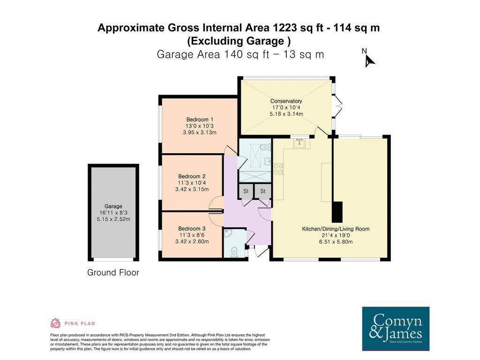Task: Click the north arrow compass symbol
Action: coord(369,58)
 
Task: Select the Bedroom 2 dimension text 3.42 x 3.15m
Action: coord(192,189)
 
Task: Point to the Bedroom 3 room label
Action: coord(192,229)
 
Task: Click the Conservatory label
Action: coord(286,101)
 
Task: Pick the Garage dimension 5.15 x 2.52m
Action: coord(113,219)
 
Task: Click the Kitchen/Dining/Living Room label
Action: coord(336,229)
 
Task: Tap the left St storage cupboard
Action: coord(246,191)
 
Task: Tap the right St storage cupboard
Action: coord(263,191)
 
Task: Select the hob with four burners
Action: coord(278,169)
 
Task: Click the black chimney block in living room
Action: coord(337,212)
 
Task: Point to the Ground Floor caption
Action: coord(113,272)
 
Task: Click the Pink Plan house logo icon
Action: coord(55,323)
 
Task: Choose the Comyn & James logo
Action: coord(396,329)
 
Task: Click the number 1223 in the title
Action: coord(285,28)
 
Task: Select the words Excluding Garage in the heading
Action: coord(237,41)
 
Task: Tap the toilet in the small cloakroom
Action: coord(234,251)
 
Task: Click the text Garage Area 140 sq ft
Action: coord(213,54)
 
